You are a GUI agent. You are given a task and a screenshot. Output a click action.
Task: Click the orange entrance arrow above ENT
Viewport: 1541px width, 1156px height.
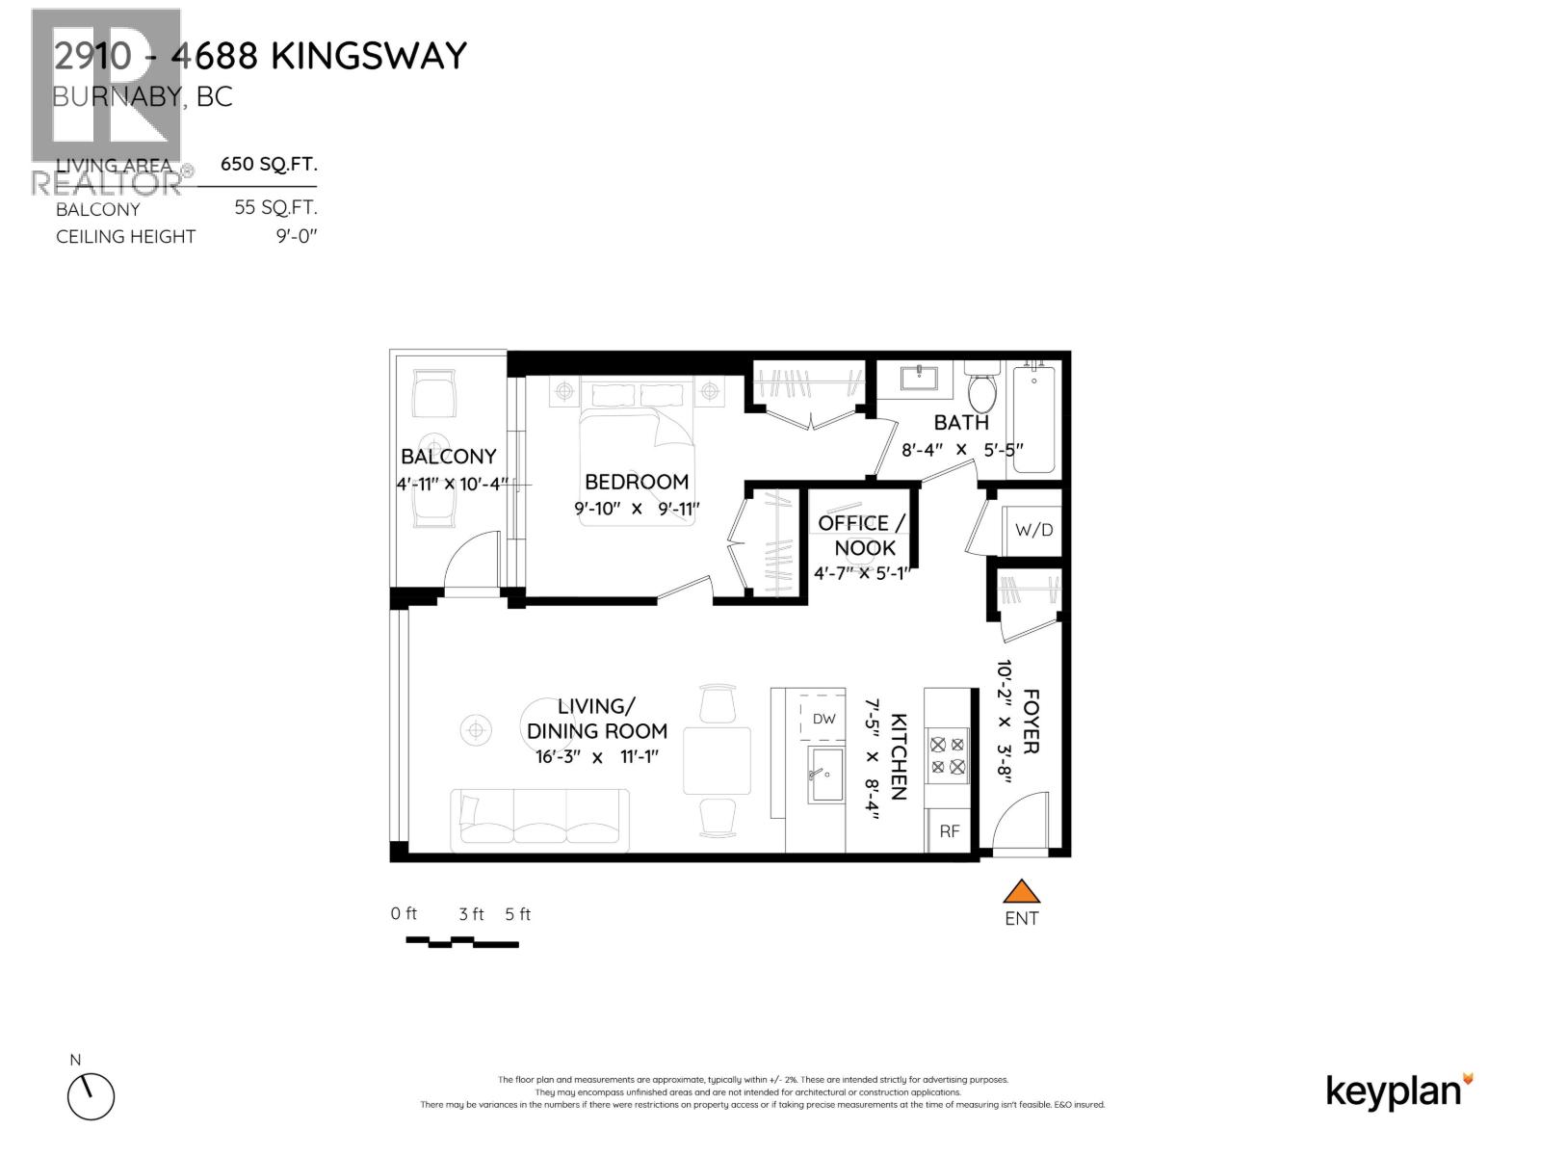[1021, 892]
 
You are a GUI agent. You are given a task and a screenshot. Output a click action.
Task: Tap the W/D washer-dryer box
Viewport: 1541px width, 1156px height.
[1033, 531]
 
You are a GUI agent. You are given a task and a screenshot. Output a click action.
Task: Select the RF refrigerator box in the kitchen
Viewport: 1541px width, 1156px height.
[949, 831]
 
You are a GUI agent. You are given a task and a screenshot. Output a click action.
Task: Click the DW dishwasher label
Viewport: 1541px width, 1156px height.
[823, 719]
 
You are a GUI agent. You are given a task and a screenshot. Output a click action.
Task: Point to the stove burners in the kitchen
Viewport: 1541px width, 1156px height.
[948, 755]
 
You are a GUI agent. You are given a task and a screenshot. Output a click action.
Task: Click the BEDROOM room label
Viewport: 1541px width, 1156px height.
[637, 482]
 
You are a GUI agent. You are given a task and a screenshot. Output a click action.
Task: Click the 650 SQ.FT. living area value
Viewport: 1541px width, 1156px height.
[269, 164]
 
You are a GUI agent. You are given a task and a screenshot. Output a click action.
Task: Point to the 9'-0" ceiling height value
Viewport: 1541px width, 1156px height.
[296, 237]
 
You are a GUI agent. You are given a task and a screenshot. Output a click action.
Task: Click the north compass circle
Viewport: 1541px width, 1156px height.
[91, 1096]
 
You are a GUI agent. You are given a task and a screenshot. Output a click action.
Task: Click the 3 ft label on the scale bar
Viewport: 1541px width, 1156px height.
[471, 914]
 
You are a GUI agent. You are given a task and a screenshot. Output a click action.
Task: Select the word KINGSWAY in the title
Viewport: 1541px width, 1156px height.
[369, 56]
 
